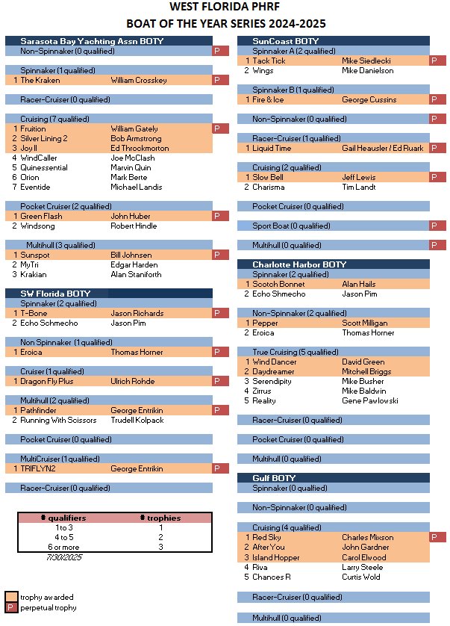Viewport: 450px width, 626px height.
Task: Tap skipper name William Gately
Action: [x=134, y=129]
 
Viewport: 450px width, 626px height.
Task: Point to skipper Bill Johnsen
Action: [x=131, y=255]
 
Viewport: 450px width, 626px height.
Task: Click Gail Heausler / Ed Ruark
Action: [x=383, y=148]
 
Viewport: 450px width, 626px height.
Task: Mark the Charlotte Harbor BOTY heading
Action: [x=299, y=264]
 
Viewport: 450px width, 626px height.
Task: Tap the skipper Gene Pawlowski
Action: [x=370, y=400]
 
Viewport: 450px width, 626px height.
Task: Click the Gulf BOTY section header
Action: [x=274, y=478]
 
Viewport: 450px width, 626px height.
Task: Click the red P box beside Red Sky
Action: [x=438, y=537]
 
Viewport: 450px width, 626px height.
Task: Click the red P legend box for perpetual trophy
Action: [x=11, y=607]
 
